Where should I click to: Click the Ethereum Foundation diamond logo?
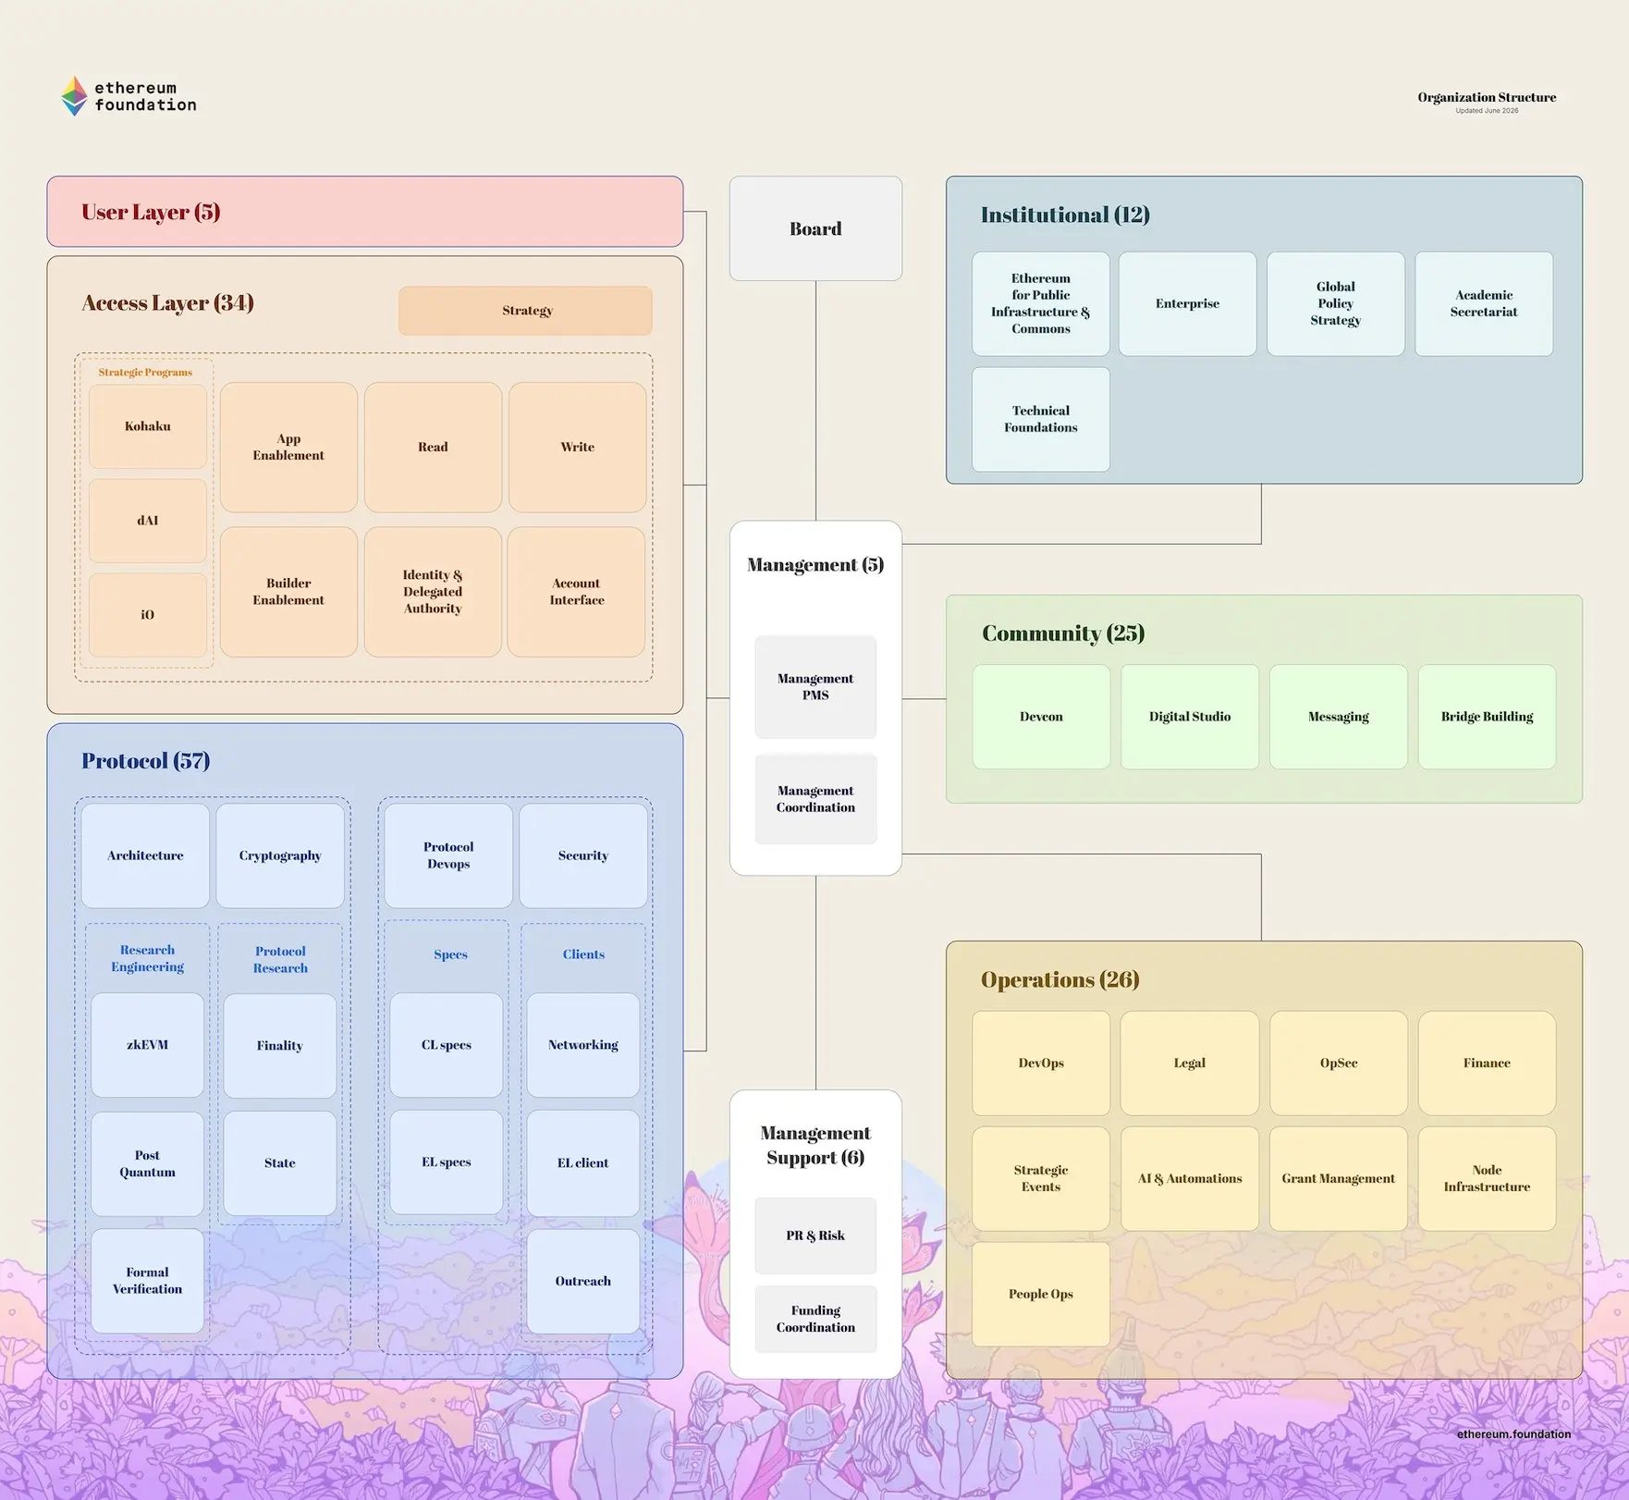point(74,96)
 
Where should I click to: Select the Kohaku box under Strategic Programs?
point(148,426)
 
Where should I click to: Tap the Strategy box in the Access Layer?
point(525,311)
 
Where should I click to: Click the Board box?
point(815,228)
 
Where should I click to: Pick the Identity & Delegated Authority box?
point(433,592)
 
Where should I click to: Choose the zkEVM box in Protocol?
point(147,1045)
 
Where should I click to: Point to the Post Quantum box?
point(147,1163)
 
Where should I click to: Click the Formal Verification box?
point(147,1281)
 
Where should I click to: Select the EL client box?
point(582,1163)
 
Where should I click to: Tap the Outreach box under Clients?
point(582,1281)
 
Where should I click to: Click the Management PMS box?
point(815,687)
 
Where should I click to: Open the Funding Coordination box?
point(815,1319)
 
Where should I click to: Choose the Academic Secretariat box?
point(1484,304)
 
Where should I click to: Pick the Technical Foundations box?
point(1041,420)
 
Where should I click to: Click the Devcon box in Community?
point(1041,717)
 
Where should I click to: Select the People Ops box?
point(1041,1294)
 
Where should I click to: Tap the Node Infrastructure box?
point(1487,1178)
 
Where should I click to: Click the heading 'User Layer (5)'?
point(151,213)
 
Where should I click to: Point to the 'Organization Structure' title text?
point(1487,97)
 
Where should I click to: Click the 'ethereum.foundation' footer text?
point(1513,1434)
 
